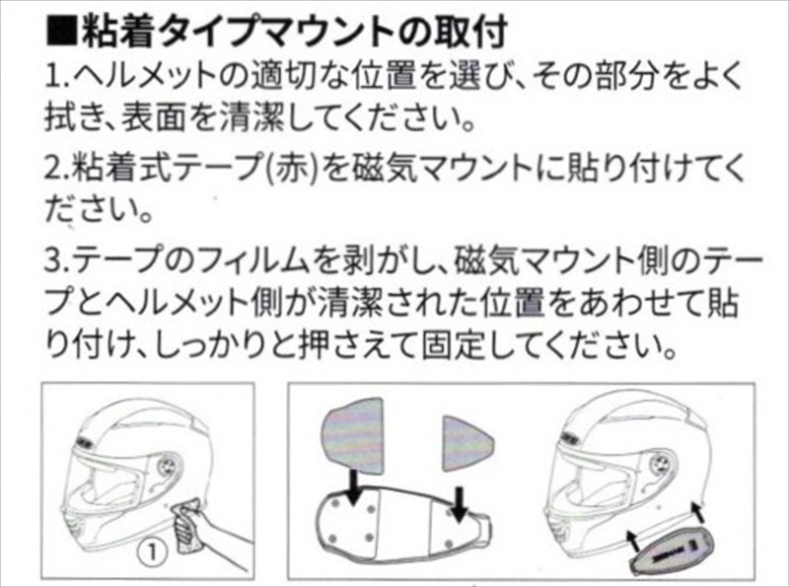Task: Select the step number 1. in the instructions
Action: (56, 78)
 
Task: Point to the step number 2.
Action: (57, 169)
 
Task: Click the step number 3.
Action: (57, 261)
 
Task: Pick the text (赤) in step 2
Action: (295, 169)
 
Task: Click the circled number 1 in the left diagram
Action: (153, 552)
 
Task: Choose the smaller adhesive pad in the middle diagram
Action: (466, 444)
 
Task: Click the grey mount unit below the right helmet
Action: (671, 551)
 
